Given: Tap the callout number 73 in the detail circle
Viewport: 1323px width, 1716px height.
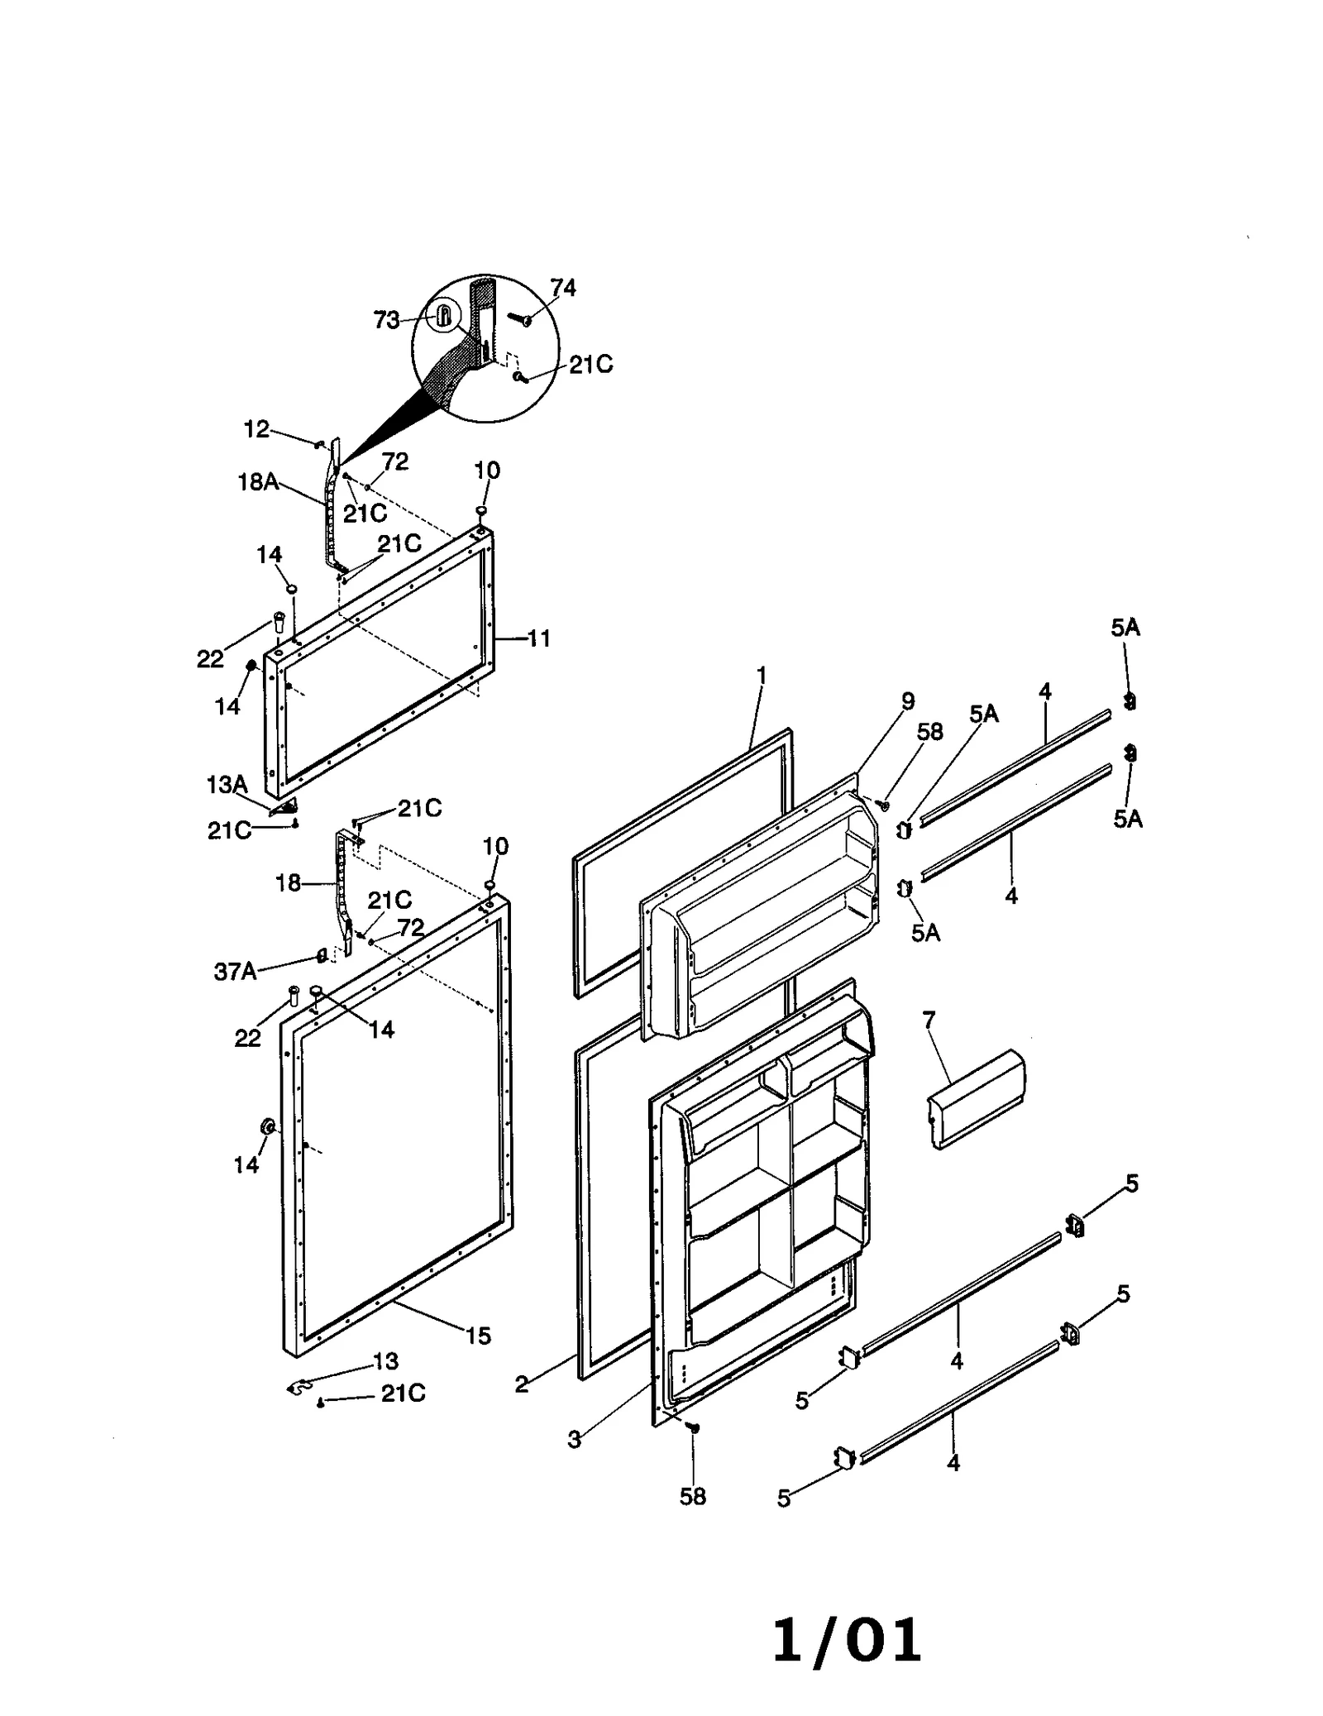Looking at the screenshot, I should click(x=386, y=320).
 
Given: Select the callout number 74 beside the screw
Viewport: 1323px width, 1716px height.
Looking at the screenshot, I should click(x=562, y=287).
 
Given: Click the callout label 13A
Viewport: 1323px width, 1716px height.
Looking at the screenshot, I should click(x=227, y=784).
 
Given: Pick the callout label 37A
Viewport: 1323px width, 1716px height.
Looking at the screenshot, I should click(x=235, y=972).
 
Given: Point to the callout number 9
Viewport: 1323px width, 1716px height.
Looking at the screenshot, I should click(x=908, y=700).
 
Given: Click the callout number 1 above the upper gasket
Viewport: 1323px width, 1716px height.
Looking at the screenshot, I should click(x=762, y=676).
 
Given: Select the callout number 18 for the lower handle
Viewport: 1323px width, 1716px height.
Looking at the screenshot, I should click(x=288, y=883).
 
